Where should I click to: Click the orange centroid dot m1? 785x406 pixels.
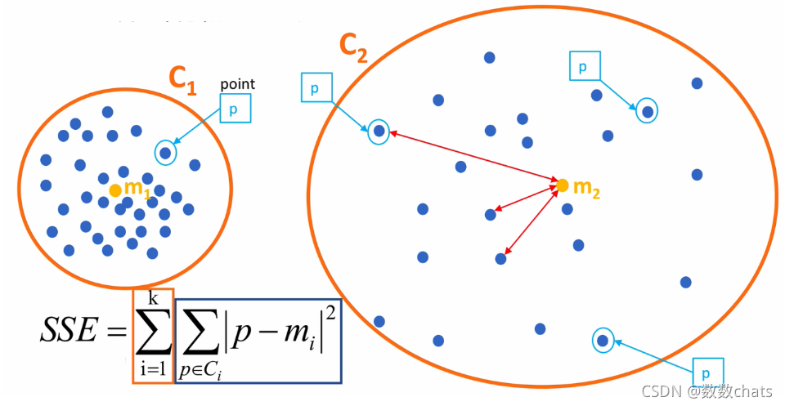click(x=115, y=190)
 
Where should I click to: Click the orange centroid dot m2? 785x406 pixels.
click(x=562, y=185)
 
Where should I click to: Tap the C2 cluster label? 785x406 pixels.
click(x=353, y=50)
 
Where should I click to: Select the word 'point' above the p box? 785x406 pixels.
click(x=238, y=84)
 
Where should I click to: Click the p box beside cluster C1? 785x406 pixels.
click(x=233, y=109)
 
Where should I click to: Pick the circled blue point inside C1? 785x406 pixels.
click(x=166, y=152)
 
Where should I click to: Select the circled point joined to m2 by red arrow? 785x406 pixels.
click(x=379, y=131)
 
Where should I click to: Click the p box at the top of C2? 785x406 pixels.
click(x=583, y=67)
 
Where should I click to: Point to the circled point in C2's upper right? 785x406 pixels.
click(x=647, y=111)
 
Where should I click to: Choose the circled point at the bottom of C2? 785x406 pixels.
click(x=603, y=340)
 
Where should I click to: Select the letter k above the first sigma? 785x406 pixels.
click(x=152, y=298)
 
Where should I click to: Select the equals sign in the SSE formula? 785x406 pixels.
click(x=116, y=331)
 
